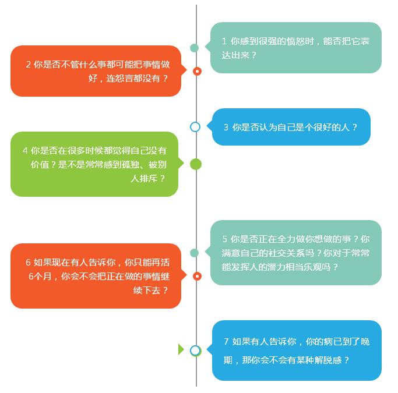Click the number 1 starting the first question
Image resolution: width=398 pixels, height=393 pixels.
tap(224, 41)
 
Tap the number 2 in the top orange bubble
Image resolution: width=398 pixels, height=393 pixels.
tap(28, 64)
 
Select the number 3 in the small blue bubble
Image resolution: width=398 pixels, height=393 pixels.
tap(226, 127)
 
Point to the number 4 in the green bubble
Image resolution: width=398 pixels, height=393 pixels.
tap(25, 150)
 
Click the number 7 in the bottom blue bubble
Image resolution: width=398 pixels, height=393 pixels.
tap(226, 342)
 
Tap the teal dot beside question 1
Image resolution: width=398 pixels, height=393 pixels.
tap(194, 48)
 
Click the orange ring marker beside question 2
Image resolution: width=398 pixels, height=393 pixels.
tap(197, 71)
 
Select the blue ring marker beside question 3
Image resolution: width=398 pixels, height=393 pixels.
tap(195, 126)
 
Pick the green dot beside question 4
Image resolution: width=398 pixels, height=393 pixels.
tap(196, 164)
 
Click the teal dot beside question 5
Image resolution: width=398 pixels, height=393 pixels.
tap(194, 253)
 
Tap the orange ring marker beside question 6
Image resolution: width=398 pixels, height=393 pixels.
tap(197, 276)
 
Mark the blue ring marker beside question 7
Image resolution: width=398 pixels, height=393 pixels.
tap(195, 350)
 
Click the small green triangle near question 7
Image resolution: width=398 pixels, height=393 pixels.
tap(181, 349)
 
